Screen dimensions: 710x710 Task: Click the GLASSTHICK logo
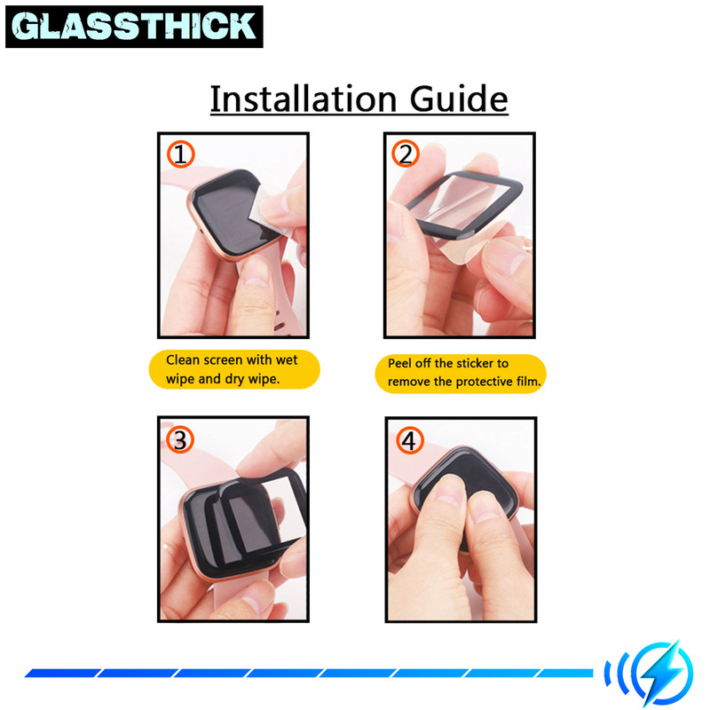[x=134, y=27]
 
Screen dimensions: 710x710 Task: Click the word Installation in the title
[x=304, y=99]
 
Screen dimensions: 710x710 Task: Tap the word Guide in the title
[x=459, y=99]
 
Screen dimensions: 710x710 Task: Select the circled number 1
[x=181, y=154]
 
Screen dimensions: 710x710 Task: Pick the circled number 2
[x=406, y=154]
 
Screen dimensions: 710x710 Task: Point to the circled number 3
[x=180, y=440]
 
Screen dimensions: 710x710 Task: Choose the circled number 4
[x=410, y=440]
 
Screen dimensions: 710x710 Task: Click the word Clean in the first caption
[x=183, y=360]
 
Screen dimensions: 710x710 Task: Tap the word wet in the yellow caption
[x=286, y=360]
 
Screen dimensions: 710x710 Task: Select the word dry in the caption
[x=234, y=380]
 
